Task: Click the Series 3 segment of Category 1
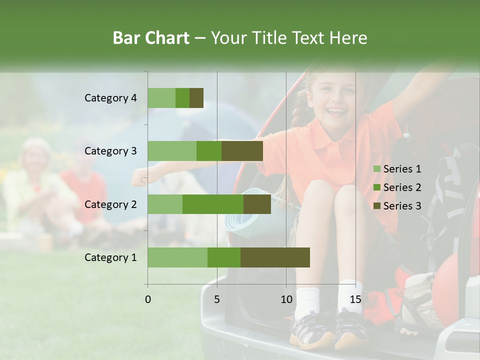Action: [x=275, y=257]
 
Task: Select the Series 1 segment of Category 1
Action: [x=177, y=257]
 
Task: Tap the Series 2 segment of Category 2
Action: [x=213, y=204]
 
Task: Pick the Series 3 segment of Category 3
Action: [x=242, y=151]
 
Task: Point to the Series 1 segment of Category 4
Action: [x=161, y=98]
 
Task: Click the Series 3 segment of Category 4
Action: [x=196, y=98]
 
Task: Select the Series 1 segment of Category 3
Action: [x=172, y=151]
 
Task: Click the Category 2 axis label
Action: [x=110, y=204]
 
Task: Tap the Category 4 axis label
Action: [x=110, y=98]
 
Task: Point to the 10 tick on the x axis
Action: [x=286, y=299]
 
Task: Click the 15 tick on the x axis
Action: [x=355, y=299]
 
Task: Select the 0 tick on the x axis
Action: [x=147, y=299]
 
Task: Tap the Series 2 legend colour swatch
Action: [x=376, y=187]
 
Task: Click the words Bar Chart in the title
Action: [x=151, y=38]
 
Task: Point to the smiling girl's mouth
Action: [x=336, y=110]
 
